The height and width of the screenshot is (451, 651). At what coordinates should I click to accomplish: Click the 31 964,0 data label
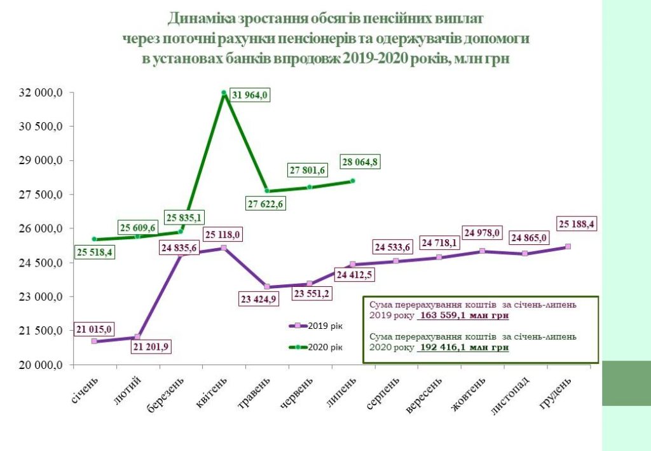[x=250, y=95]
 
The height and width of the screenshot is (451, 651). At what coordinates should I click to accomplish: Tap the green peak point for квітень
[x=224, y=93]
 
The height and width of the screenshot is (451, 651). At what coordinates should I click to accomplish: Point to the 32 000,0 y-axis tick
[x=42, y=93]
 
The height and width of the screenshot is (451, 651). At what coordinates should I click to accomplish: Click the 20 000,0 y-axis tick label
[x=42, y=365]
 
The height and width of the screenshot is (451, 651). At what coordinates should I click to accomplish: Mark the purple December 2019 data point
[x=568, y=246]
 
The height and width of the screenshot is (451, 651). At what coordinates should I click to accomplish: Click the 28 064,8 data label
[x=360, y=162]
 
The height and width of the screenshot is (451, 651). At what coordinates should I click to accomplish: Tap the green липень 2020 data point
[x=353, y=181]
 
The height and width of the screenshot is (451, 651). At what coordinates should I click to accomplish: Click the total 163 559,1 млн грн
[x=463, y=314]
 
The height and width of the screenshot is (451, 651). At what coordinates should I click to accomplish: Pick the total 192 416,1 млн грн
[x=463, y=348]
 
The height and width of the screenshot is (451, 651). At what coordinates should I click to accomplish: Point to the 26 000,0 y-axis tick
[x=42, y=229]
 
